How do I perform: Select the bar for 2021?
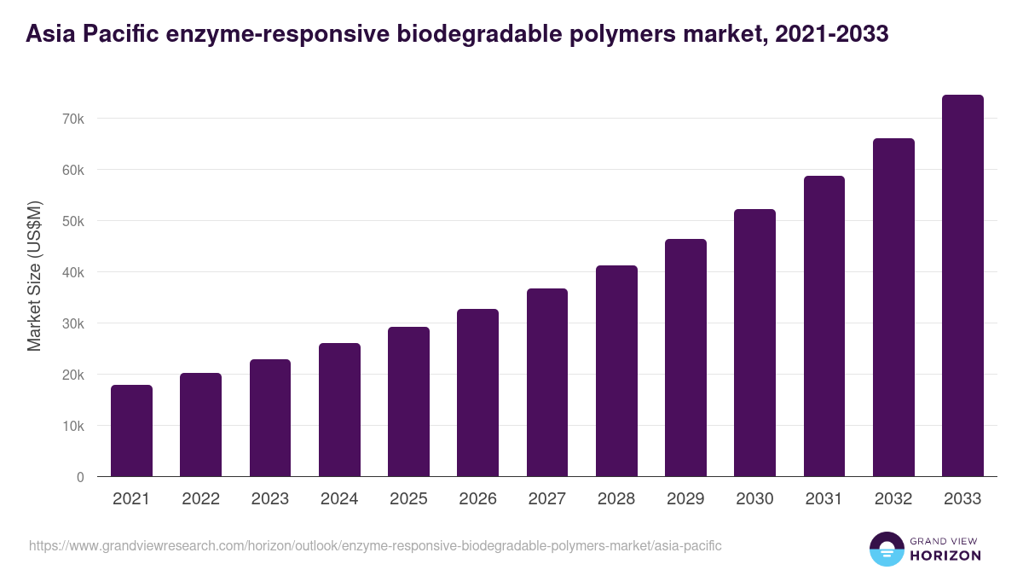(131, 431)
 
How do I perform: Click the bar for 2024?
(339, 410)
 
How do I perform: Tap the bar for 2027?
(547, 382)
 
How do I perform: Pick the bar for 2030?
(754, 343)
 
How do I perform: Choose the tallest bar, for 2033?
(962, 286)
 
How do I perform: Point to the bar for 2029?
(685, 358)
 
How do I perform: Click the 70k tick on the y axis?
(73, 119)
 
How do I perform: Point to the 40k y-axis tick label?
(73, 272)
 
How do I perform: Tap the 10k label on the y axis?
(73, 426)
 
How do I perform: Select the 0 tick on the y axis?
(80, 477)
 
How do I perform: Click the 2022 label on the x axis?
(200, 499)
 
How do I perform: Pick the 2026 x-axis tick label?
(477, 499)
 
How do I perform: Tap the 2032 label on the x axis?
(893, 499)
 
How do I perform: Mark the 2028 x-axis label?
(616, 499)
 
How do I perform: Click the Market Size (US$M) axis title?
(34, 276)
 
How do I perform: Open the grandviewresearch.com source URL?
(375, 545)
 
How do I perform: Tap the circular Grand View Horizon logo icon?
(886, 549)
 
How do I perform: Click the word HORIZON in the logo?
(945, 556)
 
